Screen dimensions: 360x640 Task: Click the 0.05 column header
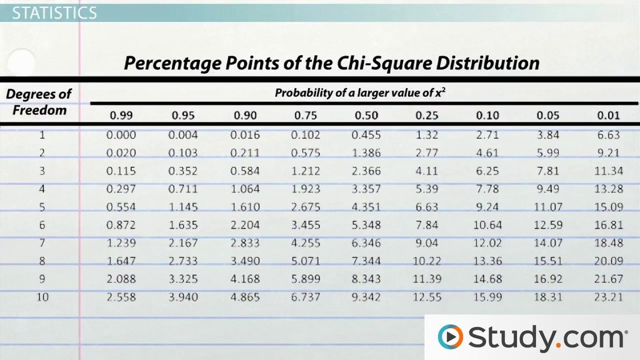(547, 116)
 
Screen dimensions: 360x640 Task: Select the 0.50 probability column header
(366, 116)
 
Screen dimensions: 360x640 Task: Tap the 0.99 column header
(121, 116)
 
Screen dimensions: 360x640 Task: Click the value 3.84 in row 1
(547, 135)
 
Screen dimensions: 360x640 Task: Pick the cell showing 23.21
(608, 297)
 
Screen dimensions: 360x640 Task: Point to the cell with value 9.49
(547, 189)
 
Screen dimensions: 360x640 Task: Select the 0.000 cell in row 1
(121, 135)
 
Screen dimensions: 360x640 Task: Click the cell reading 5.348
(366, 225)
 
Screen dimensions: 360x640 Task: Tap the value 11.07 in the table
(547, 207)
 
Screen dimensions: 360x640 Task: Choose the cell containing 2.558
(121, 297)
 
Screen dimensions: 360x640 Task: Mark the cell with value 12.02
(487, 243)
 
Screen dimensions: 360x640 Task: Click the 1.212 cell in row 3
(305, 171)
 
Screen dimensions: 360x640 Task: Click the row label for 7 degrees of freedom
(42, 243)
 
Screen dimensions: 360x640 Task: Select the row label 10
(42, 297)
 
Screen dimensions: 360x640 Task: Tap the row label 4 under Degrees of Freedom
(42, 189)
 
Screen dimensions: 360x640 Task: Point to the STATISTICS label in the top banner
(55, 12)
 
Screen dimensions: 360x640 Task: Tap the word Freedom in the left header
(39, 111)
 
